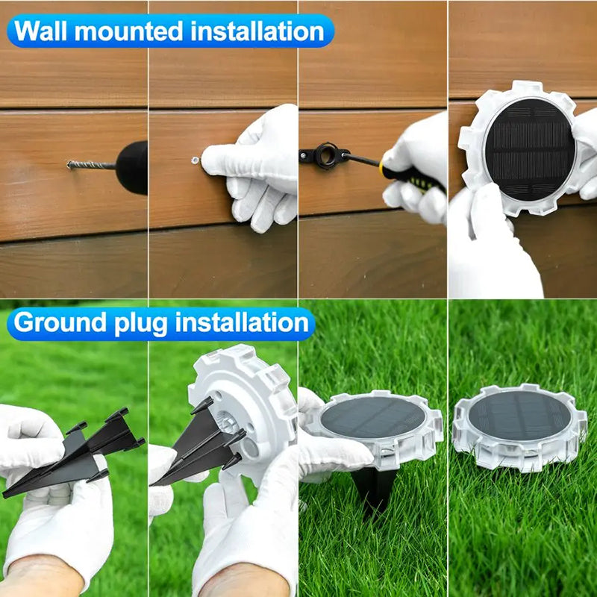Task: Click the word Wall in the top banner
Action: click(41, 31)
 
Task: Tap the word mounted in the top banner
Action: click(129, 31)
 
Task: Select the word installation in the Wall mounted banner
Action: click(257, 31)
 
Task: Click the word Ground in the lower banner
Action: click(60, 322)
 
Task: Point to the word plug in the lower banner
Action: click(141, 324)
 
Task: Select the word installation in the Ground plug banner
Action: click(242, 322)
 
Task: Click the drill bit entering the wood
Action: click(91, 165)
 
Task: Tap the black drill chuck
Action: click(132, 167)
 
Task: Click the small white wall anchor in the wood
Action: click(196, 160)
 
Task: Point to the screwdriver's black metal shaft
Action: click(363, 158)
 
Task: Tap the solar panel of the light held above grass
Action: click(372, 417)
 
